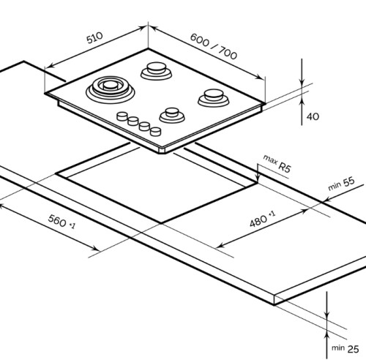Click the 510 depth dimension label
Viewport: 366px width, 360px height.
point(94,38)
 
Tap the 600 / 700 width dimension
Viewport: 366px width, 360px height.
point(214,46)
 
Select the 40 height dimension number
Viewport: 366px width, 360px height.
point(313,116)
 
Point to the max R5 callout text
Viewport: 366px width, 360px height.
point(277,164)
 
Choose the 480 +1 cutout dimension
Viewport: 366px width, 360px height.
point(263,219)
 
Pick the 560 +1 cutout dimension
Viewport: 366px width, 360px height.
point(61,222)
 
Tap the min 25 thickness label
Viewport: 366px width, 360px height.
point(346,348)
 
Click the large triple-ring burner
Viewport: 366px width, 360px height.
point(111,89)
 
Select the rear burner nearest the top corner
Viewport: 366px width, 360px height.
point(156,70)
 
